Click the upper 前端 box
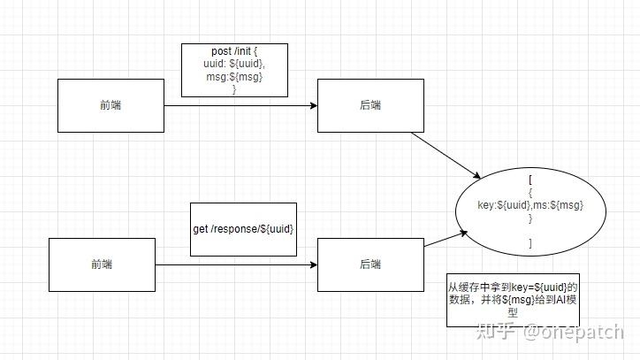pos(110,105)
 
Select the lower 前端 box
pos(102,264)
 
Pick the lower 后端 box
pos(370,264)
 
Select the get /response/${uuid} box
pos(243,229)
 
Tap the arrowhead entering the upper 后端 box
pos(313,106)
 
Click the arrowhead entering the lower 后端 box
pos(313,263)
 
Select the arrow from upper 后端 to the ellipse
pos(447,152)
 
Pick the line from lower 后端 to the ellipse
pos(445,239)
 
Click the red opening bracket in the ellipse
pos(530,179)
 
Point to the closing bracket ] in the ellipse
pos(530,242)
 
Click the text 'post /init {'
pos(234,52)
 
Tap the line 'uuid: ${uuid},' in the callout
pos(234,65)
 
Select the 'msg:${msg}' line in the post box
pos(234,77)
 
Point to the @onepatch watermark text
pos(574,331)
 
